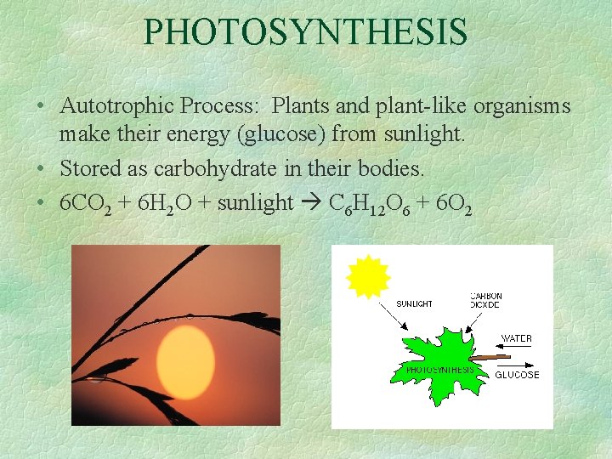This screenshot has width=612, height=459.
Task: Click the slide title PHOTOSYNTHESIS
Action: point(306,31)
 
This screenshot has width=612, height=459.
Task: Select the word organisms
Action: point(522,108)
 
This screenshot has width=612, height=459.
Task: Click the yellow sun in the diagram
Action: point(368,276)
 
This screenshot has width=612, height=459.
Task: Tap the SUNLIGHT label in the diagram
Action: point(415,303)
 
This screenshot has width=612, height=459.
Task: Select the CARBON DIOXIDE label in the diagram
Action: point(486,300)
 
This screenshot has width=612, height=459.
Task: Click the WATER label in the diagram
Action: point(516,338)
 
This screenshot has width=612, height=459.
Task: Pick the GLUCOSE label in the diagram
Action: point(517,375)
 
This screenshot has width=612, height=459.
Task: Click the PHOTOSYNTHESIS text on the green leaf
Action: point(439,370)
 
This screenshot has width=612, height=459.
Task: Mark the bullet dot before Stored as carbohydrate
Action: point(40,169)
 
